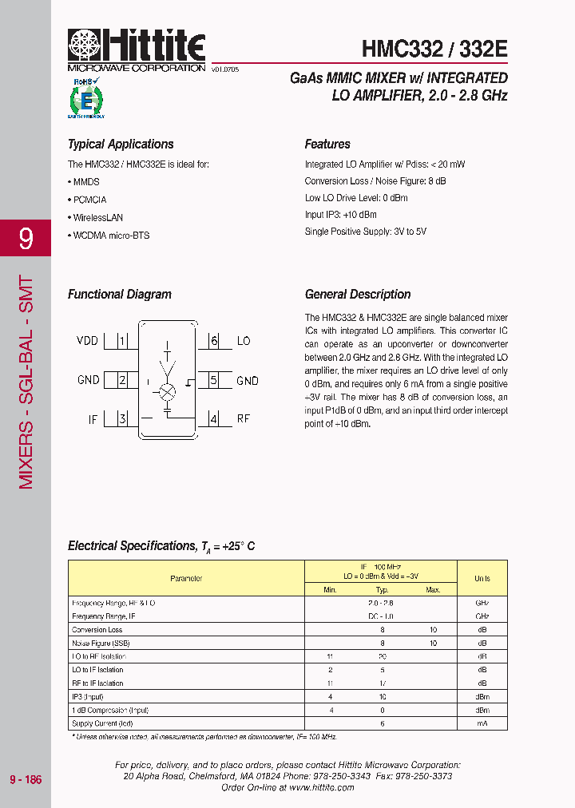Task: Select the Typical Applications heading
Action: [121, 145]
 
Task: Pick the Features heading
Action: [327, 145]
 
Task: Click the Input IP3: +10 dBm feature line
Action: [340, 215]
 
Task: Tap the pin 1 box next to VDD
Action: [122, 341]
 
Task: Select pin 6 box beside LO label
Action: [214, 341]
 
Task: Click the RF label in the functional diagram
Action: [244, 418]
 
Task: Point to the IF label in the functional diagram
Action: [93, 418]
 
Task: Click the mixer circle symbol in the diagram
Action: [168, 392]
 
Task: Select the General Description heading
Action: [358, 295]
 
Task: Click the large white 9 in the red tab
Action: [26, 238]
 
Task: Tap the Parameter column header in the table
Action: [186, 578]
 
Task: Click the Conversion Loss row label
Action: [97, 630]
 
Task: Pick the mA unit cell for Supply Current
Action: [482, 723]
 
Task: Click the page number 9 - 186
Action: [26, 779]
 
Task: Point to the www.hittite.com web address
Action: [321, 787]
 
